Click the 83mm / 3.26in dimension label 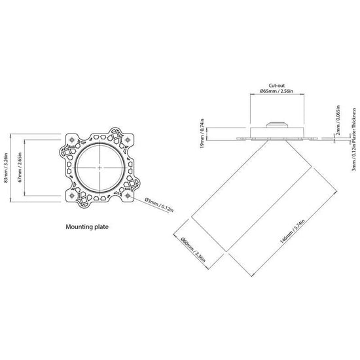6,168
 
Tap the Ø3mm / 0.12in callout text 159,205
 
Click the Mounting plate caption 87,227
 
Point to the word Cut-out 276,86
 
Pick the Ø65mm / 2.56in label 276,91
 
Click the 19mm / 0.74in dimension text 202,134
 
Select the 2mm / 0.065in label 338,120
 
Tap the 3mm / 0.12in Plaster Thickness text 354,139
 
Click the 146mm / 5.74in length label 292,232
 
